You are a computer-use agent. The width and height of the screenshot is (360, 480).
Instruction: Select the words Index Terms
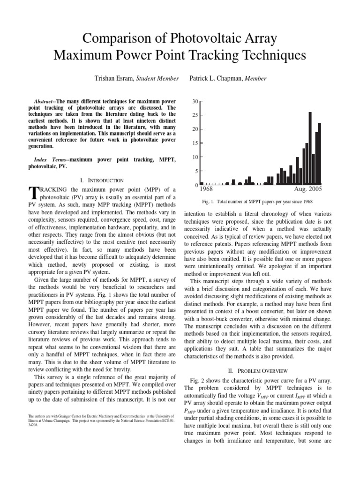point(51,160)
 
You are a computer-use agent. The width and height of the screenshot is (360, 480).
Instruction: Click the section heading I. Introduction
point(102,180)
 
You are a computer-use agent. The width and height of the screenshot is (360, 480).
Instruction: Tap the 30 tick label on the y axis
point(195,101)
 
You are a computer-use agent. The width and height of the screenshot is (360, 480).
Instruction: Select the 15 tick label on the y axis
point(195,143)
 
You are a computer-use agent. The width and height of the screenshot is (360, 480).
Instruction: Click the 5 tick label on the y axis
point(196,171)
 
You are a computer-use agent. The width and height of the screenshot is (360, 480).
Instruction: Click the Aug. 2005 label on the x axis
point(308,189)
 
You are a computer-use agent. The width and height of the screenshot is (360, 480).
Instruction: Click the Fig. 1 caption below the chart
point(261,201)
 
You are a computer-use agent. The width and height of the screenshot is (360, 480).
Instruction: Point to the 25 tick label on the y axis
point(195,115)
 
